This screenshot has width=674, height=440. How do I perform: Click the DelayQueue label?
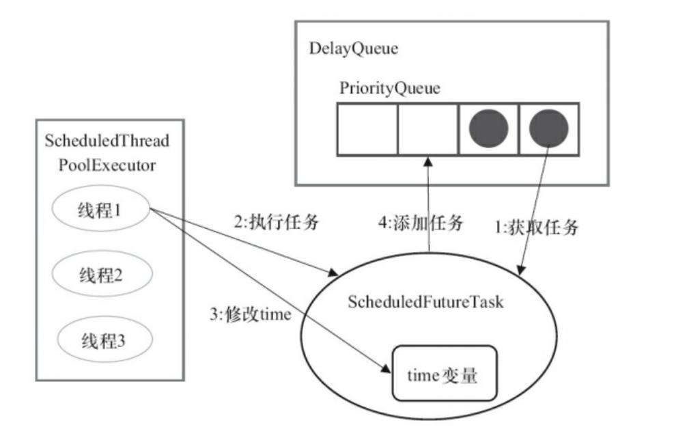(x=353, y=49)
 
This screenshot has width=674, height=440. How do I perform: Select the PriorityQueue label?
(x=390, y=88)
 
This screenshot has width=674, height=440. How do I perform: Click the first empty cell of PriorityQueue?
(x=367, y=128)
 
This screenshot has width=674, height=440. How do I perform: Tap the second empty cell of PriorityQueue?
(x=428, y=128)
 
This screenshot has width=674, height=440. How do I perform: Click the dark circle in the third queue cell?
(x=489, y=128)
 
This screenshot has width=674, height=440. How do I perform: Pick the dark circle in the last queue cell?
(x=549, y=128)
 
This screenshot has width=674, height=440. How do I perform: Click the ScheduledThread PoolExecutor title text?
(x=107, y=152)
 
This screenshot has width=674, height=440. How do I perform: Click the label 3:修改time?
(x=251, y=315)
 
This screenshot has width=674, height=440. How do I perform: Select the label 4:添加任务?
(x=420, y=223)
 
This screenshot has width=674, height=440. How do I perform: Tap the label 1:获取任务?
(x=538, y=226)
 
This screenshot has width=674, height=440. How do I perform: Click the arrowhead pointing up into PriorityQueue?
(x=428, y=162)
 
